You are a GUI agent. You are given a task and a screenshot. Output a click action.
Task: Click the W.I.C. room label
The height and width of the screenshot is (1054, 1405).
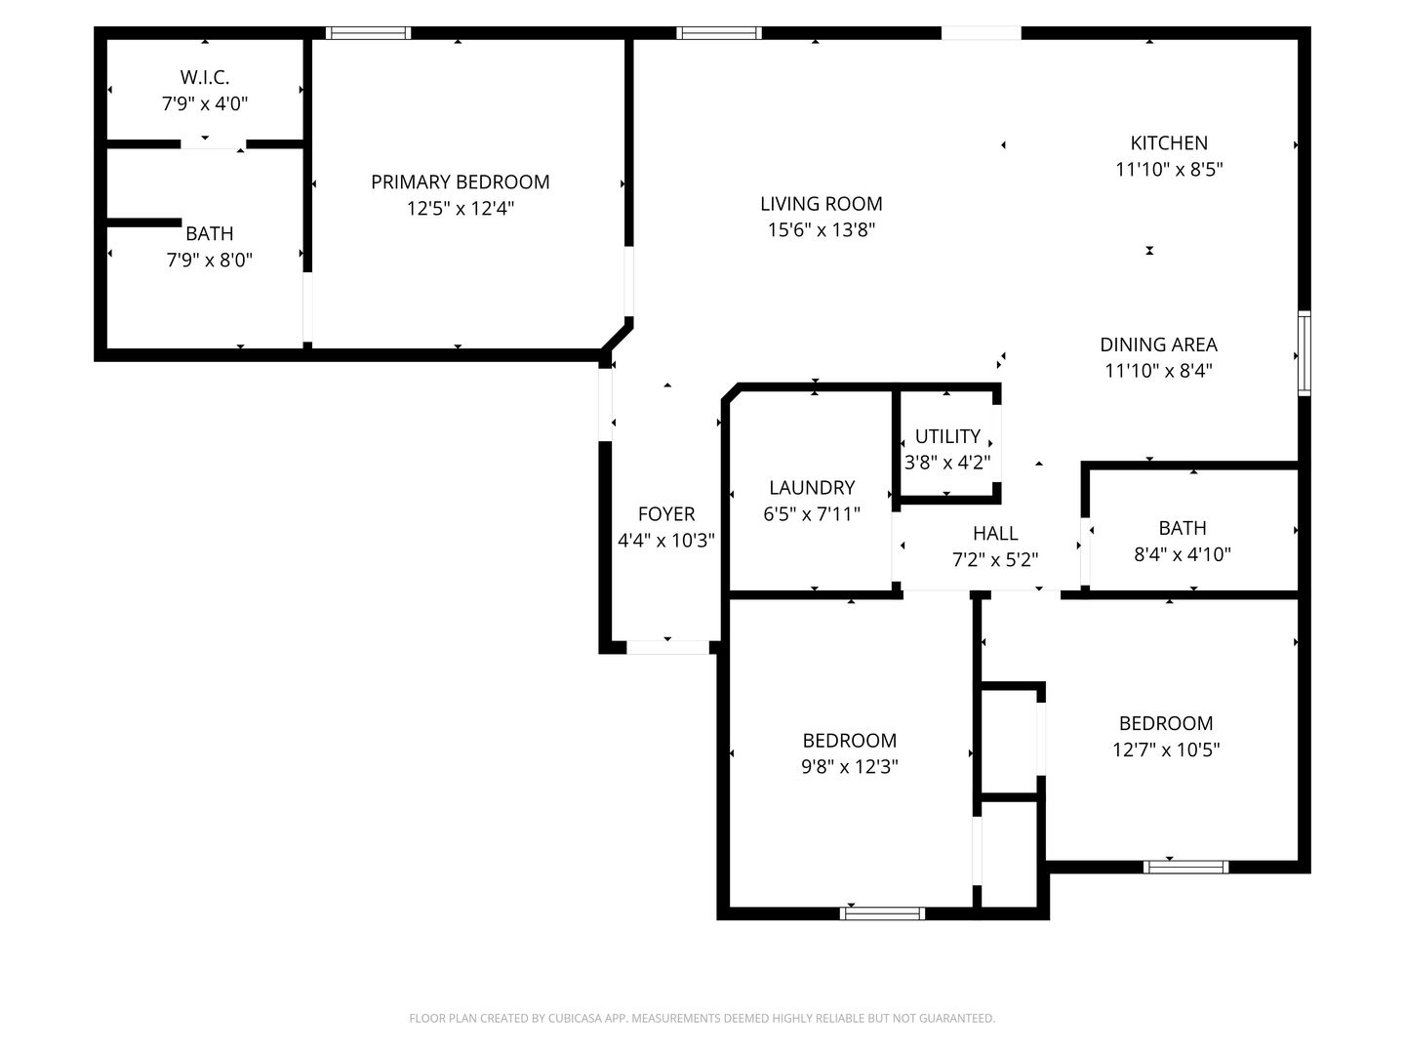[x=204, y=77]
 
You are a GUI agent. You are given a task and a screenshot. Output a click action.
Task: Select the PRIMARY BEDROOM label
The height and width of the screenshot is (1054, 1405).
[x=461, y=182]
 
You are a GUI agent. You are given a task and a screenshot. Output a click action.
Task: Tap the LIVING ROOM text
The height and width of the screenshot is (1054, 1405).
[x=822, y=204]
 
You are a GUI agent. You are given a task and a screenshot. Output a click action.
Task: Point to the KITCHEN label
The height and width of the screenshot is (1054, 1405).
[x=1169, y=143]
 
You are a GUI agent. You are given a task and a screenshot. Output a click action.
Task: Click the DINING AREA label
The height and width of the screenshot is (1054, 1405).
[x=1158, y=345]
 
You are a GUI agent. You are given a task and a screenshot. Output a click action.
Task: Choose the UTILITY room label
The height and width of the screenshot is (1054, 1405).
[x=947, y=436]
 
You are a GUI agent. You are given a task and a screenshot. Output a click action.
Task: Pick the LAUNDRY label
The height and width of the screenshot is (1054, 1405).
[x=812, y=488]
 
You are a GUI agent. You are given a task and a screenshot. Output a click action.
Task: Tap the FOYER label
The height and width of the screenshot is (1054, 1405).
[x=666, y=514]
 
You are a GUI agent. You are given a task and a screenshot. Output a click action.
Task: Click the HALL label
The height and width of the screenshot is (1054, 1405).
[x=995, y=534]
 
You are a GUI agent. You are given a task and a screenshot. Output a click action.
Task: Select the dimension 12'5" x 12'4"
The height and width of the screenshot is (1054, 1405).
[x=461, y=209]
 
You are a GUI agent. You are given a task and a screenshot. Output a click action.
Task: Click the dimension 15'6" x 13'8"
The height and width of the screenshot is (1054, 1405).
[x=822, y=229]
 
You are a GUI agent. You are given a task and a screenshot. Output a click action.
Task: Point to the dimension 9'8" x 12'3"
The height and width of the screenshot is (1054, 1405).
[x=850, y=767]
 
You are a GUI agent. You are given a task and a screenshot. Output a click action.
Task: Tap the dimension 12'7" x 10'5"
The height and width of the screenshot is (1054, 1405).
[x=1166, y=750]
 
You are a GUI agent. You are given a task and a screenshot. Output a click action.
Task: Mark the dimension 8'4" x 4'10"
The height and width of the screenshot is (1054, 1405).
[x=1183, y=554]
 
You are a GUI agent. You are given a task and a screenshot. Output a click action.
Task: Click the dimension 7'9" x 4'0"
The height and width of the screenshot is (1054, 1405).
[x=204, y=103]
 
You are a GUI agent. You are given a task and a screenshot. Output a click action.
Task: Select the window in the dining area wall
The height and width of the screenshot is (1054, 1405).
[x=1304, y=353]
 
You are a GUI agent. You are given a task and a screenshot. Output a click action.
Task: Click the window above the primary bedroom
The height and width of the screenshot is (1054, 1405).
[x=368, y=33]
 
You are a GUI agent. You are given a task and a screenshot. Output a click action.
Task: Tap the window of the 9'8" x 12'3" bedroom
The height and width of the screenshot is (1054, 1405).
[x=882, y=913]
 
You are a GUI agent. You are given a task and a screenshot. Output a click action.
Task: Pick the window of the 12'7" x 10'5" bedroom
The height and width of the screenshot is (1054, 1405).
[x=1185, y=868]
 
